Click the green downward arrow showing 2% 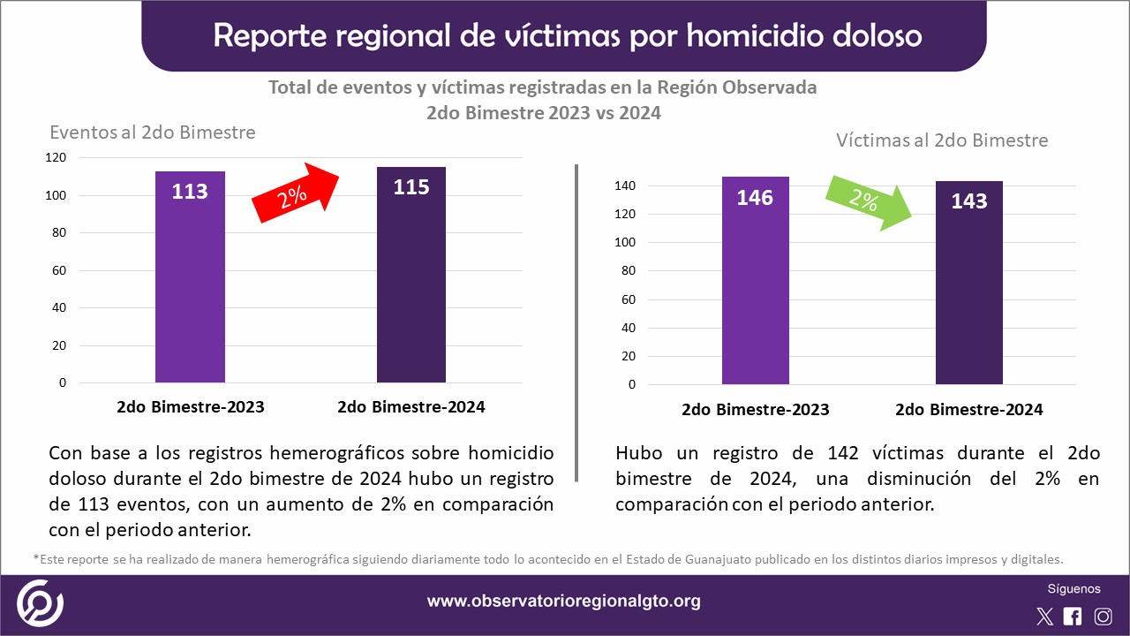[868, 202]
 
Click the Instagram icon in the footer [1103, 617]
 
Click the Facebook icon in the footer [1073, 617]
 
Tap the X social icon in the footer [1044, 617]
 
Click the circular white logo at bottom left [40, 602]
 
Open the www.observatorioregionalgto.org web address [564, 602]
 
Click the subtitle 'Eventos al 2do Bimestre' [153, 132]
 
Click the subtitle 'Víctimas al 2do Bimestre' [942, 140]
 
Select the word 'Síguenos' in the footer [1073, 589]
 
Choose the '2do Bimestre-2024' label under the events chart [411, 407]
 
